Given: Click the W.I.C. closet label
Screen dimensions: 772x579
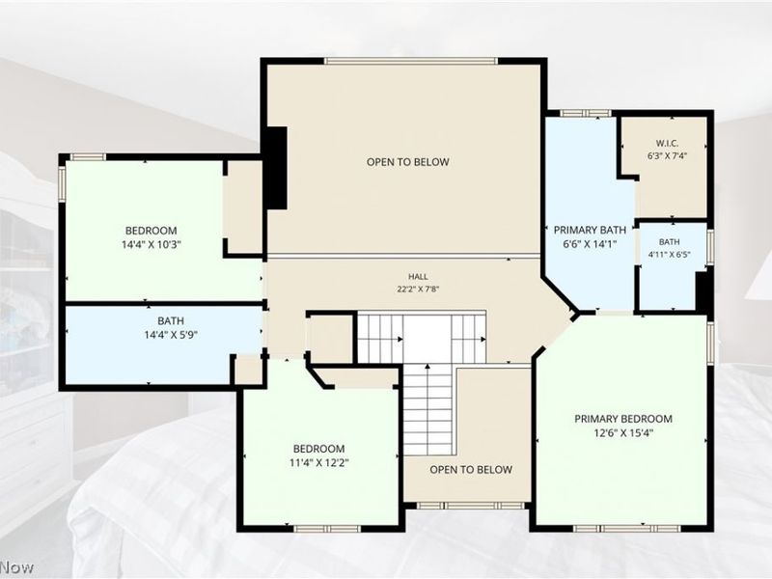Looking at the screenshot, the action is point(667,143).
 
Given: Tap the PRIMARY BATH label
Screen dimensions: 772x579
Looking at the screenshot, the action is point(590,230).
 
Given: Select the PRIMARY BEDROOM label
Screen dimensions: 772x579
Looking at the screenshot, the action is point(623,419).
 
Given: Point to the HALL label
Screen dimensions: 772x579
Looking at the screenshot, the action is point(418,277).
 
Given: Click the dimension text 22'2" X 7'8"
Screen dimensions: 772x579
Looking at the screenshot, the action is point(418,289).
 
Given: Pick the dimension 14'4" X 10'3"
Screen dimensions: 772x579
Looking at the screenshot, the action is point(152,244).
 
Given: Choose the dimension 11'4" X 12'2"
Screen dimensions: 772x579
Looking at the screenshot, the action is point(319,463).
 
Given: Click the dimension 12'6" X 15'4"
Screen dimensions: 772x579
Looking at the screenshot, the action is point(623,433).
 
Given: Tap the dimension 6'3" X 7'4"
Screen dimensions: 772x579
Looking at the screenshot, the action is point(667,155).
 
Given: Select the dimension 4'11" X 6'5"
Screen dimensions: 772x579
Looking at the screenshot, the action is point(670,255).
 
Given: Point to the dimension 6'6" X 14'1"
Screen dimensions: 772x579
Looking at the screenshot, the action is point(590,244).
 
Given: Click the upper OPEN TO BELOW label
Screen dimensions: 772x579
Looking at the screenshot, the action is point(407,162).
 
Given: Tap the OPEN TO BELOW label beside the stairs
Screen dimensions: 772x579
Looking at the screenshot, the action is point(471,470).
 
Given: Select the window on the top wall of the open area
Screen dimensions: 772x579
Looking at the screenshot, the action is point(411,61).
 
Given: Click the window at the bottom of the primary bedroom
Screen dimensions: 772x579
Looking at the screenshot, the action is point(626,528).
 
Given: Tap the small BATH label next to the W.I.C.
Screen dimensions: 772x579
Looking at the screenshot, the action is point(669,242).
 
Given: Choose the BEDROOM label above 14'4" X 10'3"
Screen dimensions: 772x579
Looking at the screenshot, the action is point(152,231).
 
